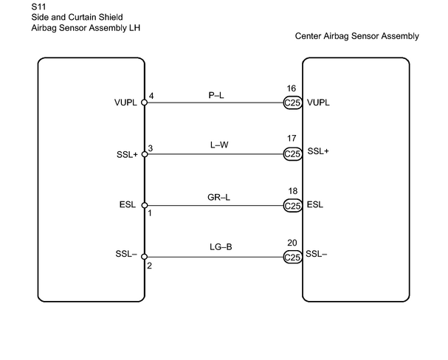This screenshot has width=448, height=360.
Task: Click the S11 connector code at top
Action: pos(38,7)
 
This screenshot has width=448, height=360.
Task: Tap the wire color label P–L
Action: pos(216,95)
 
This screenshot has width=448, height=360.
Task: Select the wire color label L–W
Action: pos(219,145)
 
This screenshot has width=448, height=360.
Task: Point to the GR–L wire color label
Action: pos(218,197)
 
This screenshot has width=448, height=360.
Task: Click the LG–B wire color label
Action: pos(221,246)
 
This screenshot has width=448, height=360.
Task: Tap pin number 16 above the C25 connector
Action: pos(291,89)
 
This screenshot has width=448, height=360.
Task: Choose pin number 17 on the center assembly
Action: pos(292,139)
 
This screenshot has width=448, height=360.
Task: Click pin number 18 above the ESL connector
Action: pos(292,191)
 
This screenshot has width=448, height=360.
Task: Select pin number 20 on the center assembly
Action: pos(292,243)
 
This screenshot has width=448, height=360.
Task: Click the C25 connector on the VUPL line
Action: pos(293,103)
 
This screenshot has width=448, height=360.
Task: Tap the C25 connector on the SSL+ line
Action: pos(293,154)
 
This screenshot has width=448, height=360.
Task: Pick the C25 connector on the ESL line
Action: pos(293,206)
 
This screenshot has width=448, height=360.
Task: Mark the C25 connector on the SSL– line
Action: pos(293,257)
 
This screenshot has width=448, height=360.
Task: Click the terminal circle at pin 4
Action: pos(145,103)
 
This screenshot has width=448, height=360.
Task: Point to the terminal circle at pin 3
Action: pos(145,154)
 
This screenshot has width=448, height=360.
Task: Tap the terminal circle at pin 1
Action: pos(145,205)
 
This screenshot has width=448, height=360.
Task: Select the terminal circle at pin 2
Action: pos(145,257)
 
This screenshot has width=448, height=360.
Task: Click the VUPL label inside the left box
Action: pos(125,103)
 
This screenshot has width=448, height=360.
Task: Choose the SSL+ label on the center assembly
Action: pos(318,151)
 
